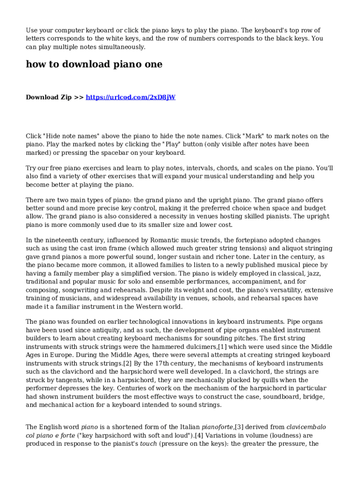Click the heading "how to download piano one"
click(x=94, y=65)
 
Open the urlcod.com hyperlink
click(x=130, y=97)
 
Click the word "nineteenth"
click(x=63, y=240)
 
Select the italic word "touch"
click(x=148, y=443)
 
